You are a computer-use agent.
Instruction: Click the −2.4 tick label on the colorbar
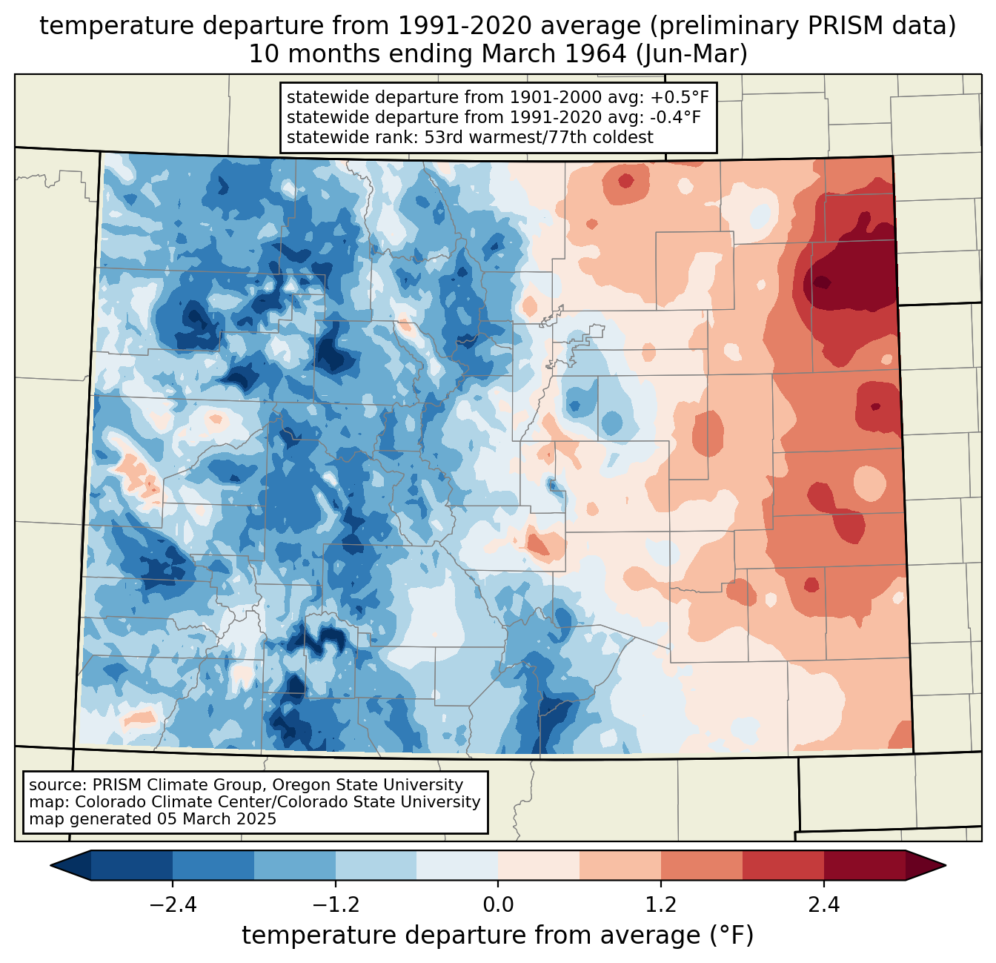click(172, 905)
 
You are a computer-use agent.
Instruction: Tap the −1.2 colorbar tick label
click(335, 905)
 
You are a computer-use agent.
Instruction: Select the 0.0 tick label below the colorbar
click(498, 905)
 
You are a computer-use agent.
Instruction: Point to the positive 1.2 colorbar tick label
click(661, 905)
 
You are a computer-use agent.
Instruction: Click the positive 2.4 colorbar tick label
click(824, 905)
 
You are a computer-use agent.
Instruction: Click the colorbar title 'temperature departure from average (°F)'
click(498, 936)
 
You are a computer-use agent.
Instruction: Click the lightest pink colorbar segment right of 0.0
click(539, 865)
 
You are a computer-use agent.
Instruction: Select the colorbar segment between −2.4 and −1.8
click(213, 865)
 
